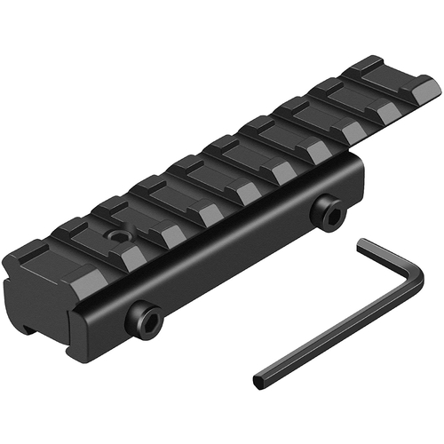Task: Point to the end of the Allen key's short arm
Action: click(x=362, y=242)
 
